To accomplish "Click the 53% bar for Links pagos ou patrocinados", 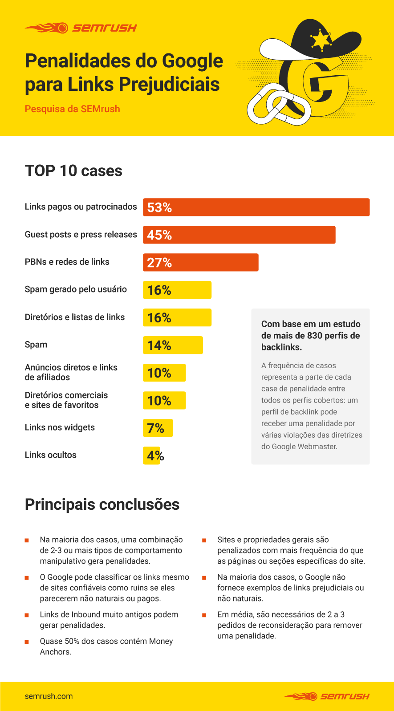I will tap(256, 207).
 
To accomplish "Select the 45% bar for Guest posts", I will tap(239, 235).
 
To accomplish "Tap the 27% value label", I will tap(159, 263).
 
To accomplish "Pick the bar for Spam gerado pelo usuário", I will tap(177, 290).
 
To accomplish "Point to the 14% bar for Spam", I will tap(173, 345).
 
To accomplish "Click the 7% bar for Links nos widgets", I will tap(158, 428).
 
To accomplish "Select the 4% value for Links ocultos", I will tap(155, 456).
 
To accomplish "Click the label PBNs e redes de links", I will tap(67, 262).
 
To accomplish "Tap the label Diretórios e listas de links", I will tap(75, 317).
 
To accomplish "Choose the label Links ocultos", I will tap(50, 455).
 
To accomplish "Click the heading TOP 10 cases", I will tap(73, 171).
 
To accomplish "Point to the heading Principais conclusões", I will tap(102, 504).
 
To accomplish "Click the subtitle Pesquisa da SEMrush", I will tap(72, 109).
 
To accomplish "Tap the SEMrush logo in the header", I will tap(81, 28).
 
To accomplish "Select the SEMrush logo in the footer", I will tap(327, 696).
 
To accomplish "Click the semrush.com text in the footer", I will tap(49, 696).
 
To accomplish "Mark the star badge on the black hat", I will tap(321, 40).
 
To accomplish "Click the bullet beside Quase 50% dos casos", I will tap(27, 642).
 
